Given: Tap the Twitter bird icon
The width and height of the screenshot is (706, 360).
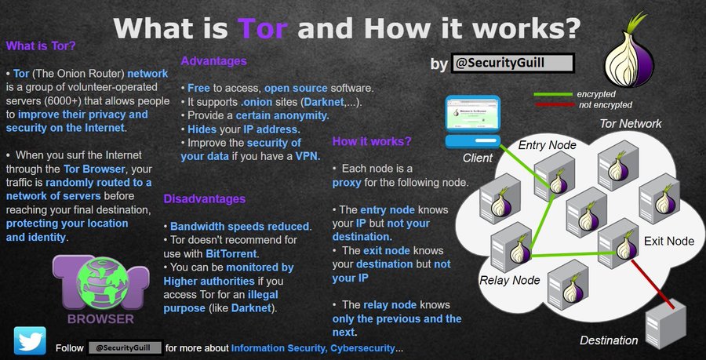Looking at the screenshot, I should [30, 343].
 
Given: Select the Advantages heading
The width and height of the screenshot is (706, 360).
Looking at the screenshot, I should [214, 60].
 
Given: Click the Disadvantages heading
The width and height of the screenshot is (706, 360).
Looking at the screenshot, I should [205, 199].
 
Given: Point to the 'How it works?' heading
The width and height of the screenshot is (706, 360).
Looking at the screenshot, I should [372, 141].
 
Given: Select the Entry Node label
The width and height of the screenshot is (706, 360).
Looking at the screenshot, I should [547, 145].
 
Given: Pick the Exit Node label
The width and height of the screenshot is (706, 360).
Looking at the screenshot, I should [668, 241].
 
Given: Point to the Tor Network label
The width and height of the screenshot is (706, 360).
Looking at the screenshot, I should [630, 124].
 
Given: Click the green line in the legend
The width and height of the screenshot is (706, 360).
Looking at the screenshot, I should [554, 94].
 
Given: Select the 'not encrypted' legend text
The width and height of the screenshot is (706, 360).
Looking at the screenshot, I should [604, 104].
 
